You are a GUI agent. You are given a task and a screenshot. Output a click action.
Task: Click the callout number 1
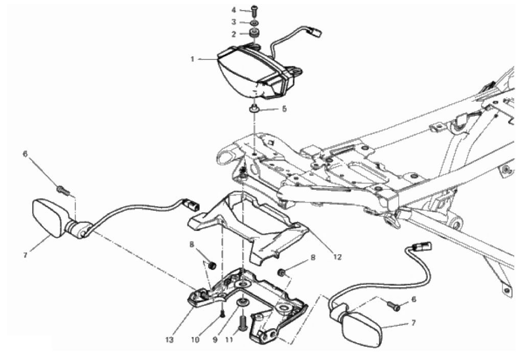(x=192, y=59)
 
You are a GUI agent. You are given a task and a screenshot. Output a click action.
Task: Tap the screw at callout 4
(x=254, y=11)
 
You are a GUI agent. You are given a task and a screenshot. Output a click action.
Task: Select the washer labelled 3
(x=255, y=23)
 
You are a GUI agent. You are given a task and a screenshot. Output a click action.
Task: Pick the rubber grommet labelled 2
(x=255, y=34)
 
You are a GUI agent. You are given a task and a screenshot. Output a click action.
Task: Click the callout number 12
(x=337, y=257)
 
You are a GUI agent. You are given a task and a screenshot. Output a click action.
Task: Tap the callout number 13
(x=170, y=340)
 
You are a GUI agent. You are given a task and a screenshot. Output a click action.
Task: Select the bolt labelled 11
(x=243, y=324)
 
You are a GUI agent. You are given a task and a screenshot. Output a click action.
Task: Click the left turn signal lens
(x=48, y=218)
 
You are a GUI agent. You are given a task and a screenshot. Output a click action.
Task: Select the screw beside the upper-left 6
(x=64, y=191)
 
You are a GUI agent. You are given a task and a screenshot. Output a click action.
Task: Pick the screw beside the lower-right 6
(x=394, y=306)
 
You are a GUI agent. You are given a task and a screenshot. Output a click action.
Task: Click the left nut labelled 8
(x=212, y=266)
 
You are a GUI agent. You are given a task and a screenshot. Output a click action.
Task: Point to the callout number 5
(x=284, y=109)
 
